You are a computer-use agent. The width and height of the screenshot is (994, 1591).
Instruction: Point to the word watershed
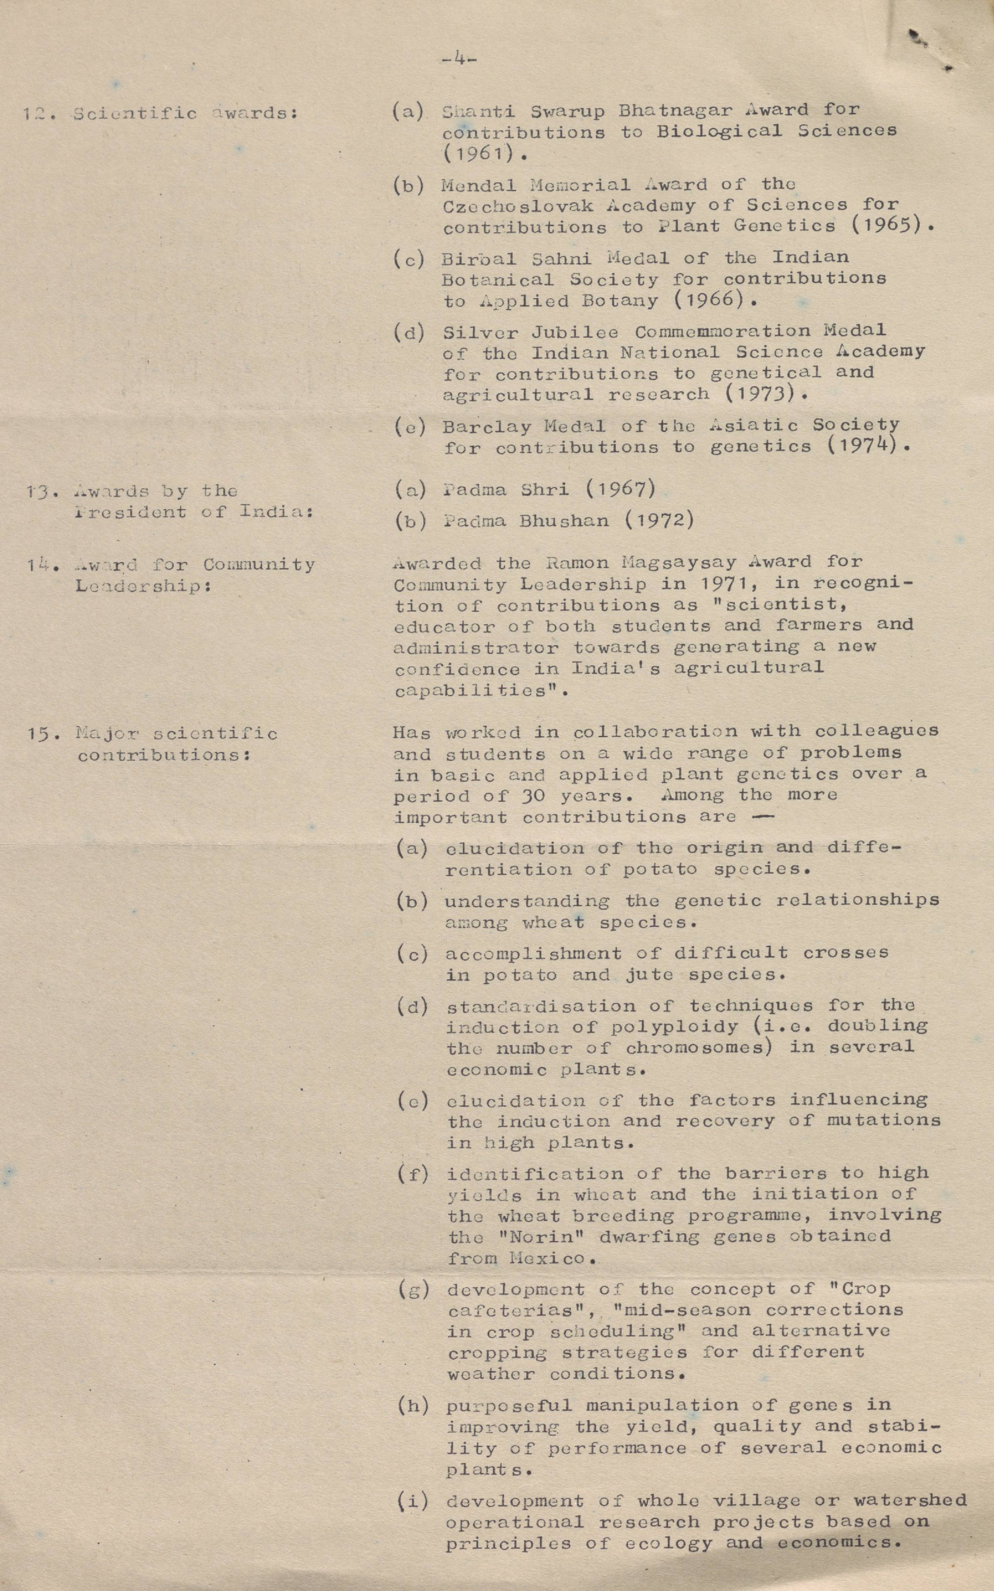(910, 1500)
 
